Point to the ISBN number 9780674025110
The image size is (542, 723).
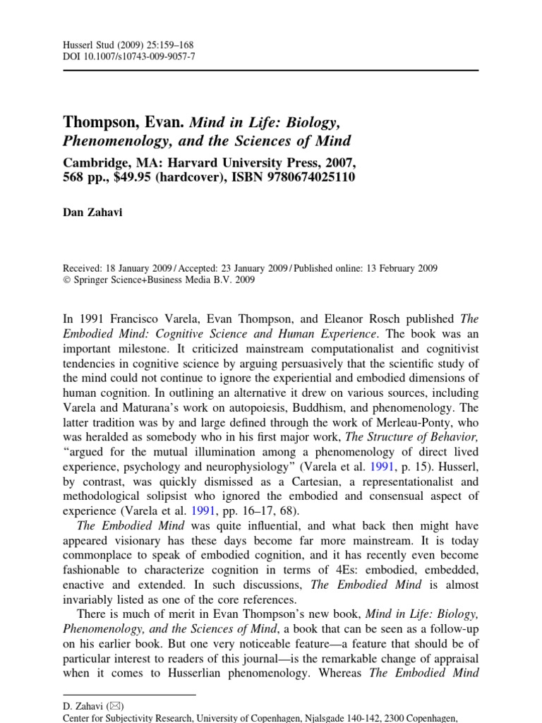tap(303, 176)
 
